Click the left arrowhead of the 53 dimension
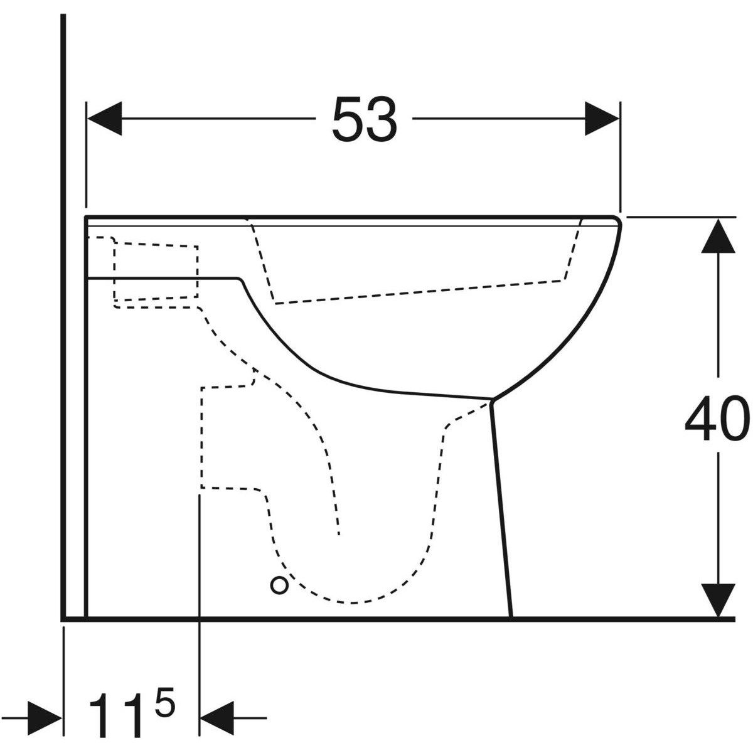click(x=104, y=118)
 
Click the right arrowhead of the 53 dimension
click(x=602, y=118)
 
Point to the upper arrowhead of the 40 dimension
click(x=718, y=235)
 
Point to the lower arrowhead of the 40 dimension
click(x=718, y=599)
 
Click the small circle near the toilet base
click(x=280, y=585)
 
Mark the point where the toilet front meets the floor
click(x=511, y=617)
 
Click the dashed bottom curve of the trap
click(x=351, y=602)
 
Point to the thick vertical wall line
click(x=64, y=314)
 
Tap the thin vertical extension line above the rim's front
click(x=620, y=157)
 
